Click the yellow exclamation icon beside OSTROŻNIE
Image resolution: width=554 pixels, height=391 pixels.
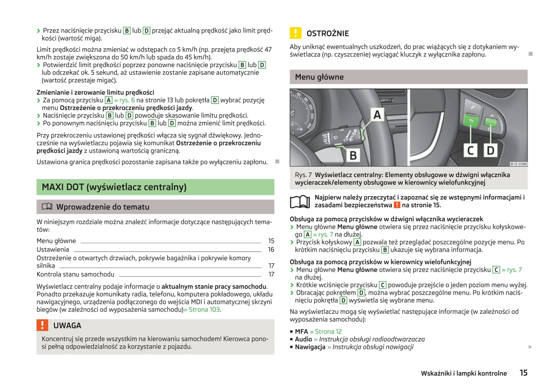tap(295, 33)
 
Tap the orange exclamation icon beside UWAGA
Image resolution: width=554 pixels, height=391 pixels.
tap(42, 325)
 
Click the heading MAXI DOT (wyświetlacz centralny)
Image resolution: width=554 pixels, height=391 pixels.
tap(114, 187)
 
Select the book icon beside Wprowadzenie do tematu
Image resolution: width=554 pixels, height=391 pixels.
tap(47, 206)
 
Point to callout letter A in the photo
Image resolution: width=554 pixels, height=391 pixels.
tap(377, 115)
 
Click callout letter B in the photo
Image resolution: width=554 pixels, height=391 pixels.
tap(353, 155)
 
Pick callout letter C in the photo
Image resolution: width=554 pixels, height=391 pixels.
tap(470, 150)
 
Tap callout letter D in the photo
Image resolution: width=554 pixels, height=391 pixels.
tap(490, 150)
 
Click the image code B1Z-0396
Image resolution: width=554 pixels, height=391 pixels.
tap(518, 164)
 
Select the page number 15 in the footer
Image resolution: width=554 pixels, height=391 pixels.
tap(523, 373)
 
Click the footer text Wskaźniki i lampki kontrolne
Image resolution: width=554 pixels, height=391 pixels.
tap(464, 373)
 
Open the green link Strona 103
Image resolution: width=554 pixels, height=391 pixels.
tap(204, 309)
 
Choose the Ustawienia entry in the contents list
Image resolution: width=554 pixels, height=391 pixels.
tap(53, 249)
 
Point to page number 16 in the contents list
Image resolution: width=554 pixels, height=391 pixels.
tap(271, 249)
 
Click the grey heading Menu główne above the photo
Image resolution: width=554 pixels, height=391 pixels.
tap(319, 77)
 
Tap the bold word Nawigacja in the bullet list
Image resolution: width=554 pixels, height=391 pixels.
tap(310, 347)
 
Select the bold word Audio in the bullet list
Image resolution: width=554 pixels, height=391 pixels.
tap(303, 339)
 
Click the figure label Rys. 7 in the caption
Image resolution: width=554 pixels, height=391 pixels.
tap(303, 175)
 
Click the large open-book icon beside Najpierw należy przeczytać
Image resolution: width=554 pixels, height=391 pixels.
tap(300, 201)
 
